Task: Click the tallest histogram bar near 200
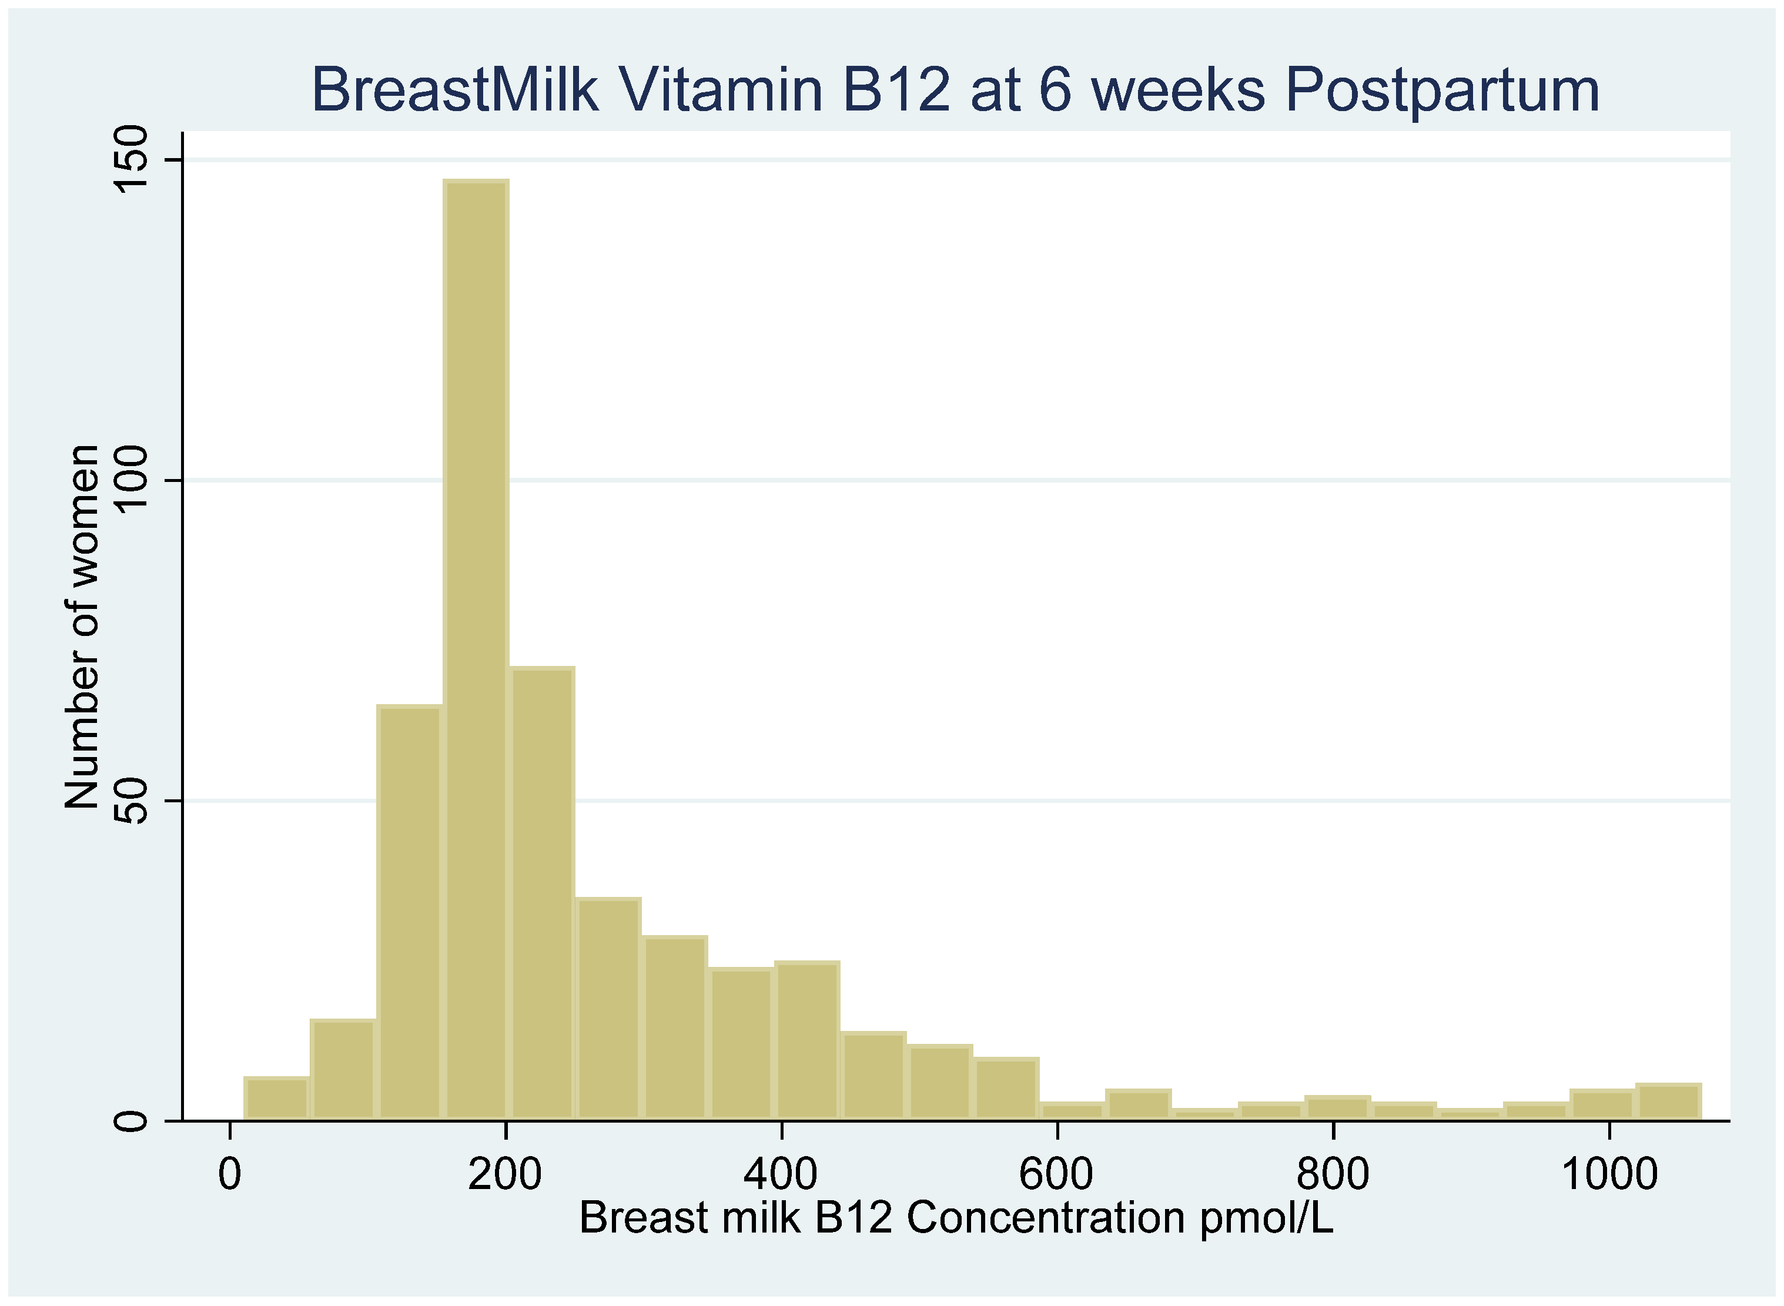click(476, 648)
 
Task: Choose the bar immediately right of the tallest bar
click(542, 893)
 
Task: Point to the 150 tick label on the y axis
click(131, 160)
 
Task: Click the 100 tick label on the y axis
click(131, 480)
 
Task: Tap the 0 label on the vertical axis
click(131, 1120)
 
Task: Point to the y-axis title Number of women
click(82, 626)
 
